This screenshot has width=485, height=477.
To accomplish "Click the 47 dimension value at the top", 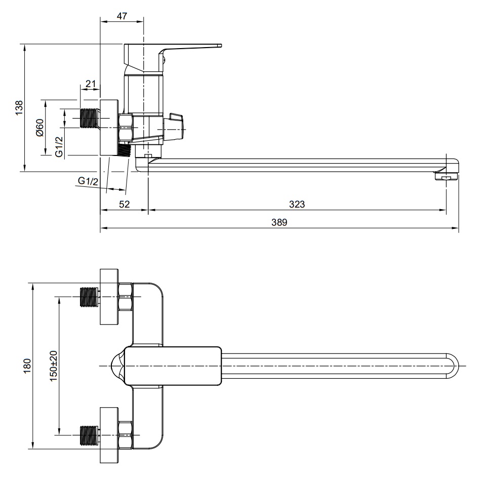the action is [x=122, y=16].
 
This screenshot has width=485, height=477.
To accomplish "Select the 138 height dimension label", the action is [x=19, y=108].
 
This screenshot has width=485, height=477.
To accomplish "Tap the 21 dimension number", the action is [x=91, y=84].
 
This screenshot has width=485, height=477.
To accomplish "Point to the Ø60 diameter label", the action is [x=40, y=127].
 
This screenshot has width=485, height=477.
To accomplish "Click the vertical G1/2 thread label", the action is [x=59, y=146].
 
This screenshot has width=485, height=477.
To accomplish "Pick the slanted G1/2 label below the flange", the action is [x=88, y=181].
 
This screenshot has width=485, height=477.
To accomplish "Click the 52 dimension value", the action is [x=125, y=204].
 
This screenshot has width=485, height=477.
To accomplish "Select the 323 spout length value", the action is [x=297, y=204].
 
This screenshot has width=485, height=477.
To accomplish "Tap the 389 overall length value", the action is [x=279, y=222].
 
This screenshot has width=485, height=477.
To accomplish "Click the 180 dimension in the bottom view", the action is [x=27, y=366].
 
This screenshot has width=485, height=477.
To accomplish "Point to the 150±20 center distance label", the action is [x=54, y=366].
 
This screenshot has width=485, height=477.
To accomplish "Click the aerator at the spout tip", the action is [x=446, y=177].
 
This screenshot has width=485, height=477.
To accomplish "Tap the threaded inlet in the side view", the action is [x=89, y=118].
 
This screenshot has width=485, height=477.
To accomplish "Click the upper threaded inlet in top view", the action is [x=89, y=297].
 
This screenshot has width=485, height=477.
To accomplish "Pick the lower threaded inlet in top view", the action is [x=89, y=435].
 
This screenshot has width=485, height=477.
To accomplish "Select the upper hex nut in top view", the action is [x=125, y=297].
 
